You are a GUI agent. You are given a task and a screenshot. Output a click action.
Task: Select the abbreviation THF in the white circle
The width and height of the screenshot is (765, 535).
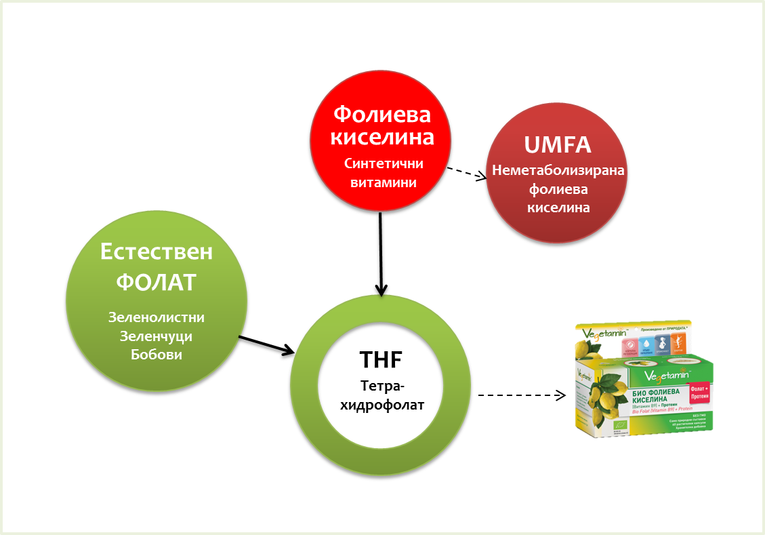(x=381, y=359)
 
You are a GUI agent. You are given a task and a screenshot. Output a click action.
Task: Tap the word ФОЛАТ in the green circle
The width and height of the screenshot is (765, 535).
(x=157, y=281)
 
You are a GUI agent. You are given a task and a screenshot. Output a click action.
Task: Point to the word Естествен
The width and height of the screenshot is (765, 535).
(x=157, y=252)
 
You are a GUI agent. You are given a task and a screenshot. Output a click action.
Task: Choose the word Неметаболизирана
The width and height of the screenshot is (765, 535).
(x=558, y=170)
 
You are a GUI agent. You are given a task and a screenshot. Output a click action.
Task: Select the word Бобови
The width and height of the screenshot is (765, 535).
(x=157, y=354)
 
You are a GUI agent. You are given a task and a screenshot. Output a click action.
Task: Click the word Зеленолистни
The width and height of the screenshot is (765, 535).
(x=157, y=317)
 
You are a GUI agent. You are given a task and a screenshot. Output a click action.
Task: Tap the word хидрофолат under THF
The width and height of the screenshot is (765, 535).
(x=381, y=405)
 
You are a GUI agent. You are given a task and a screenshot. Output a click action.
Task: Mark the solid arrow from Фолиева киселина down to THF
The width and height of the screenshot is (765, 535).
(x=381, y=254)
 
